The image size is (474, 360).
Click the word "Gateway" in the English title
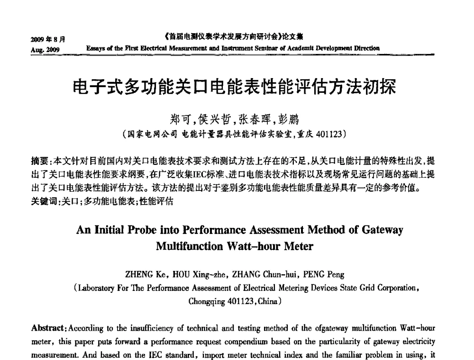(x=382, y=231)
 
